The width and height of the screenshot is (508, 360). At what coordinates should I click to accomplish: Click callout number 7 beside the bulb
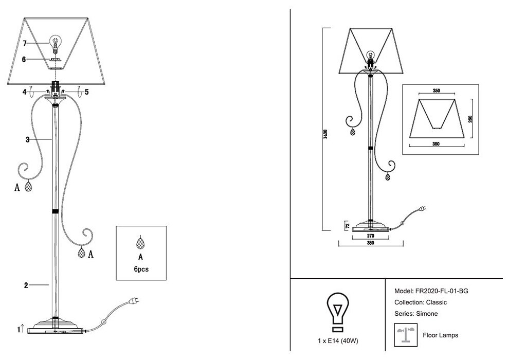pyautogui.click(x=25, y=44)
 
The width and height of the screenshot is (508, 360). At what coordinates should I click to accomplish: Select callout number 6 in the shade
pyautogui.click(x=24, y=59)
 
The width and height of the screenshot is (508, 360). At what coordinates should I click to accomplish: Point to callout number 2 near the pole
pyautogui.click(x=26, y=284)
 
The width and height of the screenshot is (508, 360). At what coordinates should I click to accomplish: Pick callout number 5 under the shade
pyautogui.click(x=86, y=92)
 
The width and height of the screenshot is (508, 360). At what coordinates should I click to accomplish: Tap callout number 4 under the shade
pyautogui.click(x=24, y=92)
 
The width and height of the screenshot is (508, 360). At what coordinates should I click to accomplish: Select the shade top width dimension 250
pyautogui.click(x=437, y=91)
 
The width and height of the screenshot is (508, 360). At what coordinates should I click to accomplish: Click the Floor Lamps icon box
pyautogui.click(x=405, y=335)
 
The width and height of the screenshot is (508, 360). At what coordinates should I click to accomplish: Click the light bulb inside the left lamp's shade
pyautogui.click(x=54, y=42)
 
